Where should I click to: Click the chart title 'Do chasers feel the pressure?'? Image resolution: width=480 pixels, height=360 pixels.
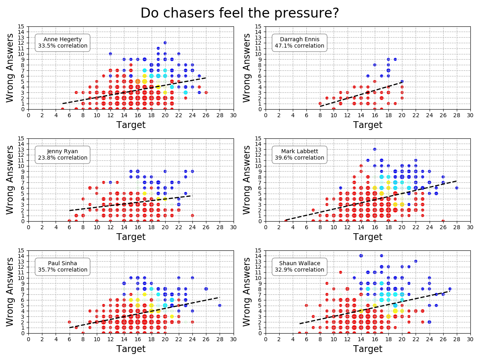(x=240, y=13)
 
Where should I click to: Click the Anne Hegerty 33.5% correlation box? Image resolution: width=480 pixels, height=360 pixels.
(x=62, y=42)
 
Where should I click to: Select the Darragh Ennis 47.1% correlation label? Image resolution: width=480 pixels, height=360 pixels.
(x=299, y=42)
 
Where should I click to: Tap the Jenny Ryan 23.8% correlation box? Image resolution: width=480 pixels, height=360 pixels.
(x=62, y=154)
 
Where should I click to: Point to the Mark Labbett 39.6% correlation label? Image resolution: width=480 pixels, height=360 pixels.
(x=299, y=154)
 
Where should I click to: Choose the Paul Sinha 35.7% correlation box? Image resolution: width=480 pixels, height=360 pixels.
(x=62, y=266)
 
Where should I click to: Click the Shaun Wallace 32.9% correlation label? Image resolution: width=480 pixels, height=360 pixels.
(x=299, y=266)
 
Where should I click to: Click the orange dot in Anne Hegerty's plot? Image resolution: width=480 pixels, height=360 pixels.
(x=138, y=81)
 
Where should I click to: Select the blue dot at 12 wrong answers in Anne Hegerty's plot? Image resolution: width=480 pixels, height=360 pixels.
(x=165, y=43)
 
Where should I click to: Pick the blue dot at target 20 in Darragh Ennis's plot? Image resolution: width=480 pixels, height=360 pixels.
(x=402, y=81)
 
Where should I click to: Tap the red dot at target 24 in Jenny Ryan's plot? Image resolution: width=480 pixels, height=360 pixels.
(x=192, y=215)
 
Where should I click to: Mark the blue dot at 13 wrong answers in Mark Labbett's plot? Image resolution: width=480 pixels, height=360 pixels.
(x=374, y=149)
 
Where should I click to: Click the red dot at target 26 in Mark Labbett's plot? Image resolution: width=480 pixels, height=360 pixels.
(x=443, y=221)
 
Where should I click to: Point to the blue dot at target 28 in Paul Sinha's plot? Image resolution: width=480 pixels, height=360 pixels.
(x=220, y=305)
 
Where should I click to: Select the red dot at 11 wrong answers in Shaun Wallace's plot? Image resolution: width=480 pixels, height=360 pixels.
(x=340, y=272)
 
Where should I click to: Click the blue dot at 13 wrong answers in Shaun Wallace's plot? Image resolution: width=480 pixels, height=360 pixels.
(x=416, y=261)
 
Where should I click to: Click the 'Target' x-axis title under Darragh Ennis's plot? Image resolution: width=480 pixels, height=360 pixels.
(x=367, y=125)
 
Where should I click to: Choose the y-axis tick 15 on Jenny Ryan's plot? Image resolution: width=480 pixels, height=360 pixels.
(x=23, y=138)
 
